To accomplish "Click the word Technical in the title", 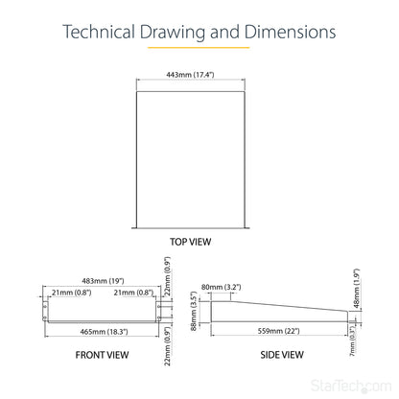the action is (x=99, y=32).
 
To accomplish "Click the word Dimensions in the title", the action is (x=291, y=32).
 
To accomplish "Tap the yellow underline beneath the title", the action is (x=199, y=48).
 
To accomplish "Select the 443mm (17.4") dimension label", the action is (x=190, y=75).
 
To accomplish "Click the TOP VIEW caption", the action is (x=191, y=242).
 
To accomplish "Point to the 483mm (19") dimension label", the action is (x=103, y=281).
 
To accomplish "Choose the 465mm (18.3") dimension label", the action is (x=104, y=332).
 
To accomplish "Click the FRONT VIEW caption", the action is (x=102, y=355).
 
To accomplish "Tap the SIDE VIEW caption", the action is (x=282, y=355).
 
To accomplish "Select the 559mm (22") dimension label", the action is (x=279, y=331).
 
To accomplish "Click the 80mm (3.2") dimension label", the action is (x=222, y=287).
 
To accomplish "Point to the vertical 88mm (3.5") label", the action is (x=193, y=311).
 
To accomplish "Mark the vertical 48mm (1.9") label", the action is (x=357, y=289).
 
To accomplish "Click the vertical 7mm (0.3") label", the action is (x=352, y=340).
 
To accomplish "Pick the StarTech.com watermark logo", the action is (x=351, y=386).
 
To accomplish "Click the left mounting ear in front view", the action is (x=45, y=311).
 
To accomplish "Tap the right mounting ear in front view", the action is (x=158, y=311).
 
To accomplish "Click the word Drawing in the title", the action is (x=173, y=32).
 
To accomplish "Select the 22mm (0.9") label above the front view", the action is (x=167, y=276).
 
